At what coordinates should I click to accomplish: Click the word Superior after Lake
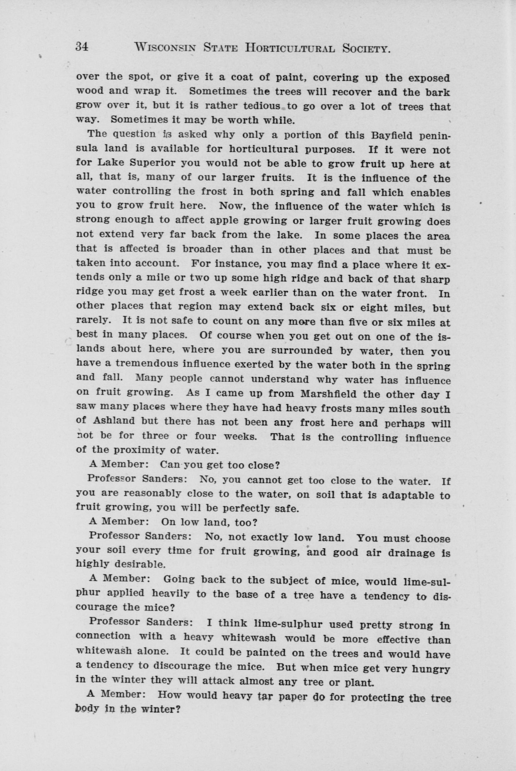pyautogui.click(x=153, y=163)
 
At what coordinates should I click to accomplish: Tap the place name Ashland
pyautogui.click(x=114, y=421)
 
